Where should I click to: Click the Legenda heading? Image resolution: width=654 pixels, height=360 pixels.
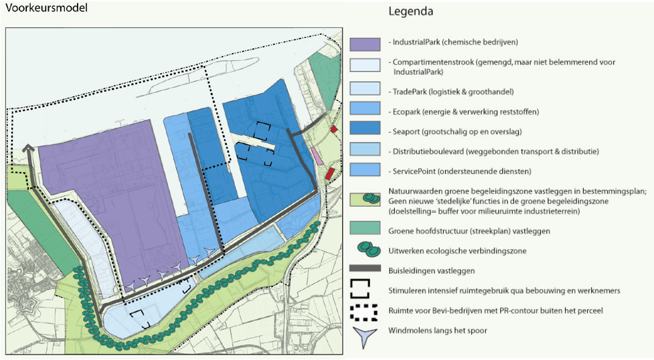(410, 11)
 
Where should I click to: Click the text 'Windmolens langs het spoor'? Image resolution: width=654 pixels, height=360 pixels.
(437, 331)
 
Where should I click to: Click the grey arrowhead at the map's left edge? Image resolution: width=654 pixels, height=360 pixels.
(28, 150)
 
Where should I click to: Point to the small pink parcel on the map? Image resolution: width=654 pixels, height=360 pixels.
(316, 157)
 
